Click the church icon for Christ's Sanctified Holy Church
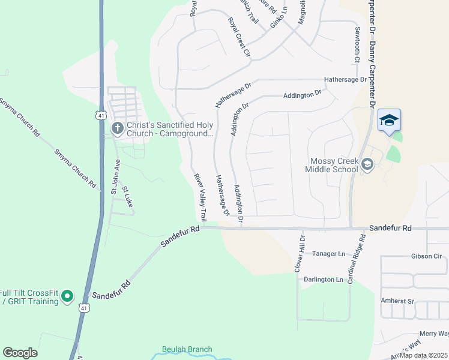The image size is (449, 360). point(117,127)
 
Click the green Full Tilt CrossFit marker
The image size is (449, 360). point(67,295)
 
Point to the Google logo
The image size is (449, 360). point(20,353)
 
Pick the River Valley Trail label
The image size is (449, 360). point(200,197)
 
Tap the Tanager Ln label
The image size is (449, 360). point(328,253)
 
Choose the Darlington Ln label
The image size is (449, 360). point(323,280)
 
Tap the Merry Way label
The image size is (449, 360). point(434,333)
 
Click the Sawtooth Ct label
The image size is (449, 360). point(357,45)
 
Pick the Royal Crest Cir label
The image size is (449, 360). point(238,37)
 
